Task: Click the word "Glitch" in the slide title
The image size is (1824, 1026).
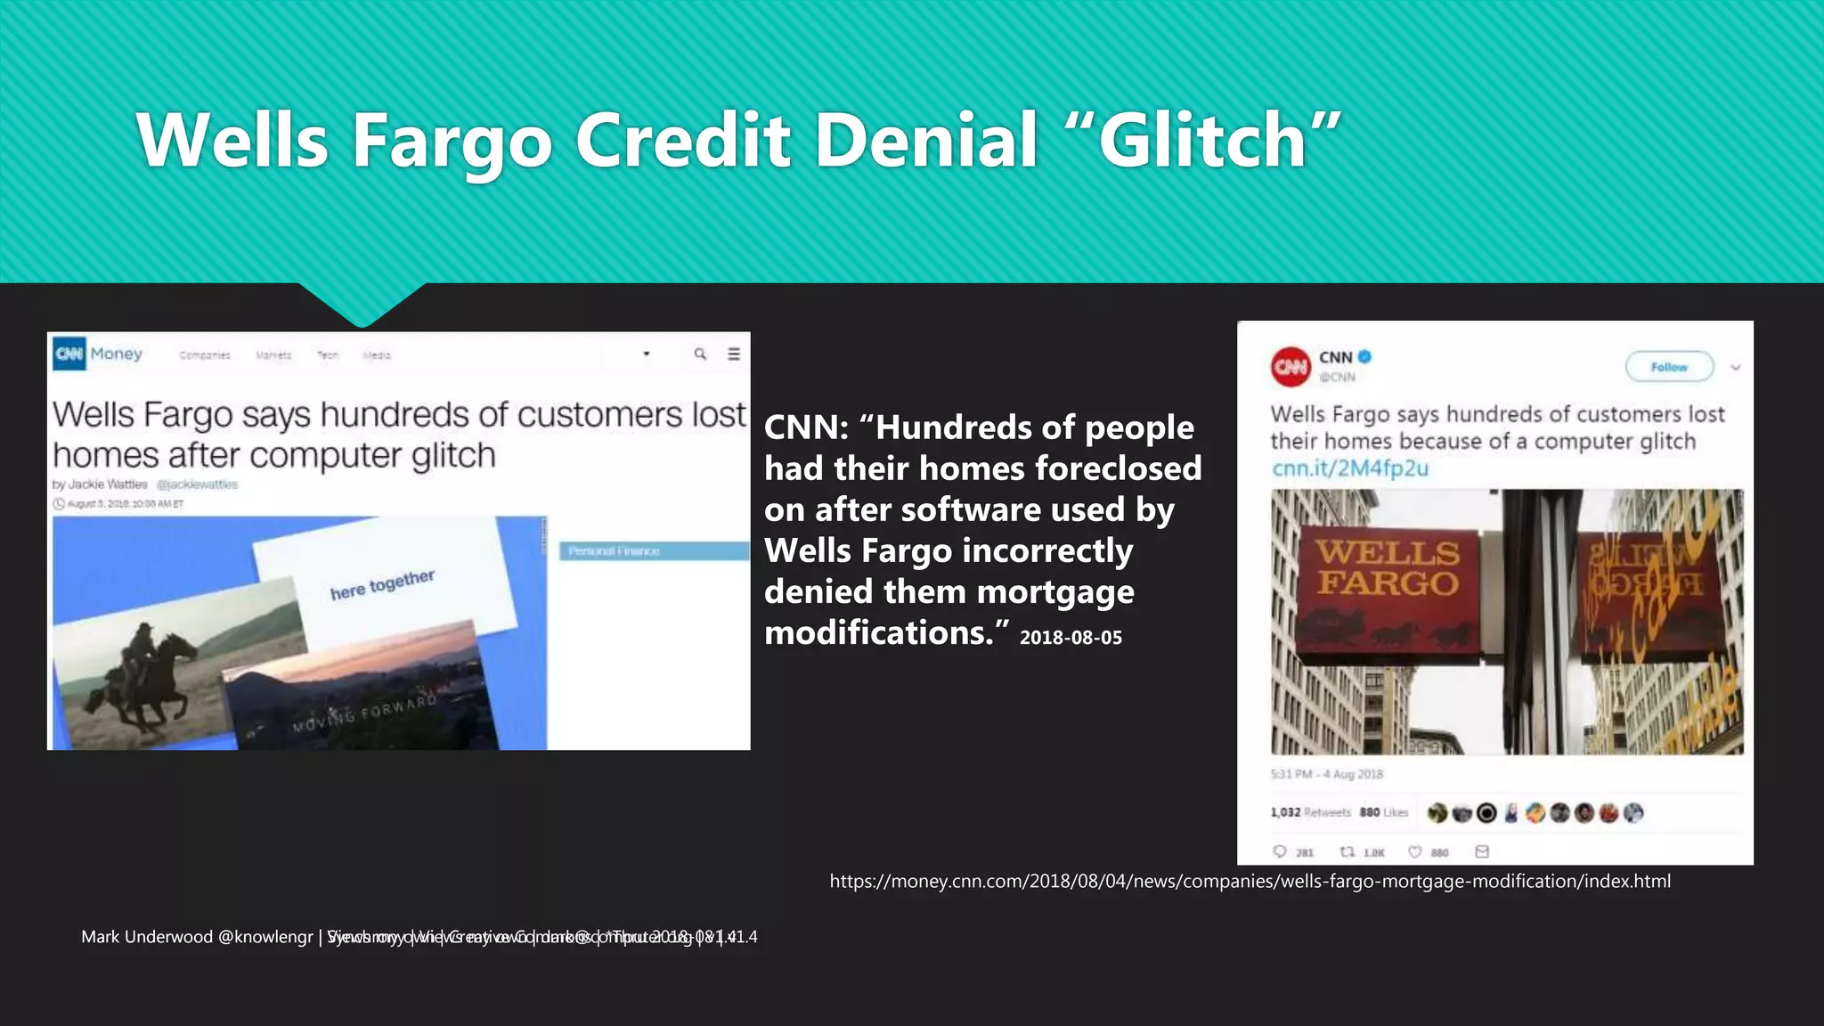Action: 1202,141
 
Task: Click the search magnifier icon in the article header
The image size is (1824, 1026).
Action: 700,354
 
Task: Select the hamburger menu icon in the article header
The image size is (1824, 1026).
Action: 734,354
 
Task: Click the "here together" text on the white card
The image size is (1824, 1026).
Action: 382,585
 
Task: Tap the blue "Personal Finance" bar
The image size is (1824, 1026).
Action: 654,551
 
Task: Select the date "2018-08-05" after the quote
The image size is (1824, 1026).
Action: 1071,638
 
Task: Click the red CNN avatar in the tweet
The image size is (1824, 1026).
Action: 1291,367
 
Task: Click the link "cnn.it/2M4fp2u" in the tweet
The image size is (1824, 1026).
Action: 1349,468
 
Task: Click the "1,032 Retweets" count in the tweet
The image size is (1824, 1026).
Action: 1310,812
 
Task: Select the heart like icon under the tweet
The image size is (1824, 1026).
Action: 1414,852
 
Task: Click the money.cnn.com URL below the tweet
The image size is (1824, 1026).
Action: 1250,882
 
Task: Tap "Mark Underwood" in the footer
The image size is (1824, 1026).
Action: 147,937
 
